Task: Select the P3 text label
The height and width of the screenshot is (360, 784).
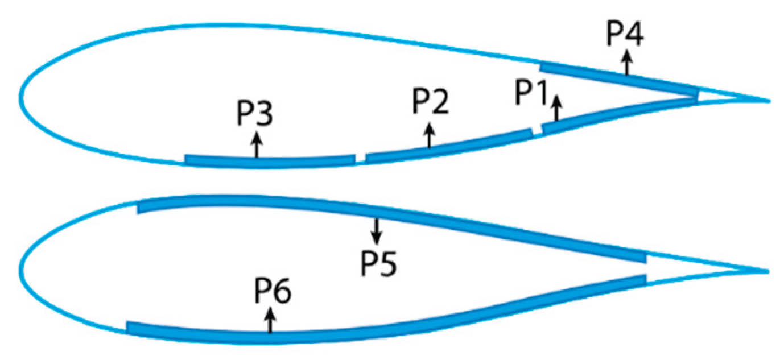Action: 255,115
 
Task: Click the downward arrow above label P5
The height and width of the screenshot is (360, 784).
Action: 375,230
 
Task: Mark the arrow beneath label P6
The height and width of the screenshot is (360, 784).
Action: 270,320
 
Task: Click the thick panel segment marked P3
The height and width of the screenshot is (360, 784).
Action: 270,160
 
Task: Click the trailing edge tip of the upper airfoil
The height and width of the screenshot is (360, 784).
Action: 769,101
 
